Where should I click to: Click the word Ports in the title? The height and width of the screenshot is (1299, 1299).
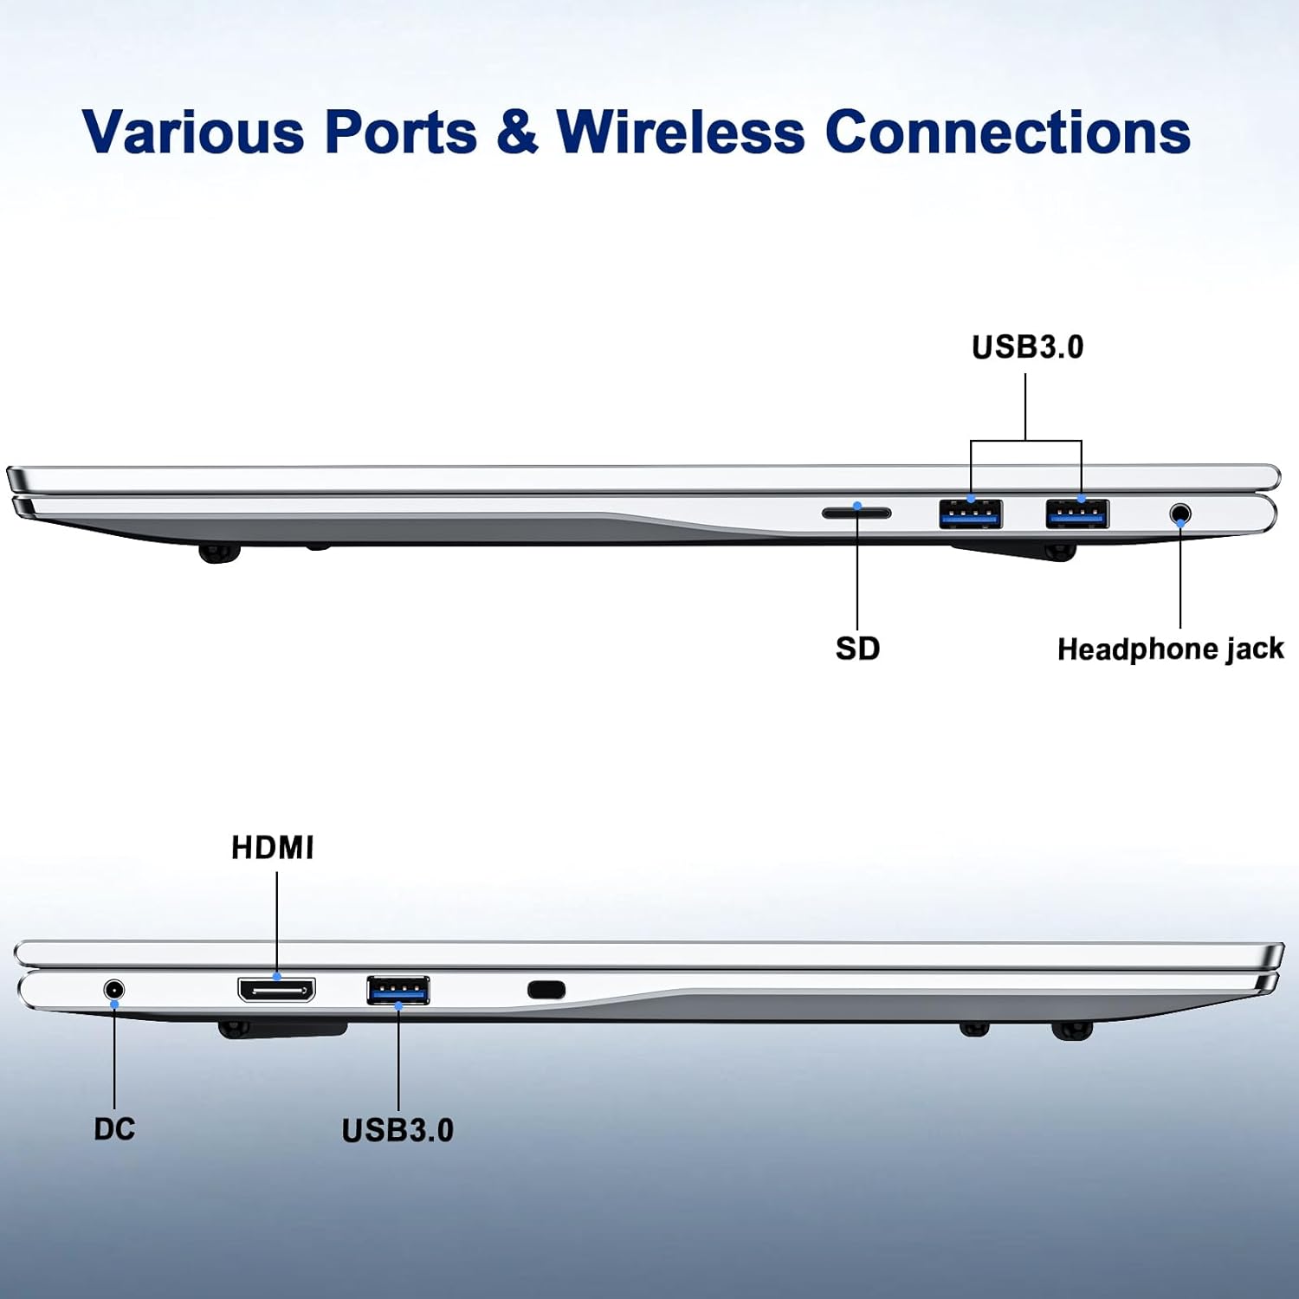point(400,132)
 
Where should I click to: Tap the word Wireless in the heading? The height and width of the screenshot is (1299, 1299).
point(681,132)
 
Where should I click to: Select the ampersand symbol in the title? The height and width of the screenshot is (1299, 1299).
point(517,132)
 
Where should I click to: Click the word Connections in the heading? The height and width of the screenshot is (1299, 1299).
point(1007,132)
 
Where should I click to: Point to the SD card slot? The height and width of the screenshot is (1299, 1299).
point(856,514)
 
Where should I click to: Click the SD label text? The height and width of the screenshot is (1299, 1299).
point(857,649)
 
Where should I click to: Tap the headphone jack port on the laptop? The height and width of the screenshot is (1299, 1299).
point(1179,514)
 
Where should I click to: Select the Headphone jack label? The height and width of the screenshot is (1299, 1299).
point(1170,649)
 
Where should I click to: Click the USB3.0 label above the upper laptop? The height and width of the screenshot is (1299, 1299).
point(1027,347)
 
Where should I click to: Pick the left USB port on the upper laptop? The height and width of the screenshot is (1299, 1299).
point(971,514)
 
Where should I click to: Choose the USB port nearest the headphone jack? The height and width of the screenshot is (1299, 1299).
point(1077,514)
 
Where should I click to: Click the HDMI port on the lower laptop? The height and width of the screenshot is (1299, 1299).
point(276,989)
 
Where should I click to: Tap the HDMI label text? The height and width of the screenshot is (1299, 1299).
point(272,848)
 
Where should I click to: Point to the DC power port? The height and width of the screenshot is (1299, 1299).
point(113,989)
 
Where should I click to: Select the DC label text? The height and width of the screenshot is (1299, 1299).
point(114,1129)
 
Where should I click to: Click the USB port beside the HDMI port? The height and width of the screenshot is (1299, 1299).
point(397,989)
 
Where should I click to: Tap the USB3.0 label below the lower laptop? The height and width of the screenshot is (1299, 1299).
point(397,1130)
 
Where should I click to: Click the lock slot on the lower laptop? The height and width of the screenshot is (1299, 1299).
point(546,989)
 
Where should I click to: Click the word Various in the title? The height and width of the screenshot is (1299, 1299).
point(193,132)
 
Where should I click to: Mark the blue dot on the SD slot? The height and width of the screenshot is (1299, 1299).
point(857,505)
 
